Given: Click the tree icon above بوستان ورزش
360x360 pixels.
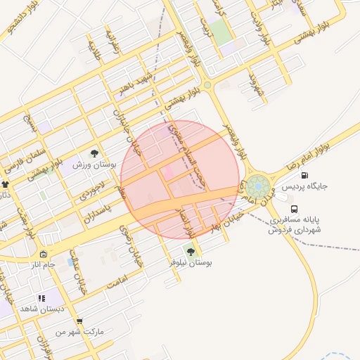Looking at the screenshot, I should point(94,153).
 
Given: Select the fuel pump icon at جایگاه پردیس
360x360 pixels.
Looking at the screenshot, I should point(304,175).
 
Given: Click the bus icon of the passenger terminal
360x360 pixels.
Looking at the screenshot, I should point(295,209).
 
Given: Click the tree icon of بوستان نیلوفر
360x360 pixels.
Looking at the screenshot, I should point(191,251).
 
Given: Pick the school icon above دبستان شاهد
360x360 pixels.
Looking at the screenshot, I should point(41,298).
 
